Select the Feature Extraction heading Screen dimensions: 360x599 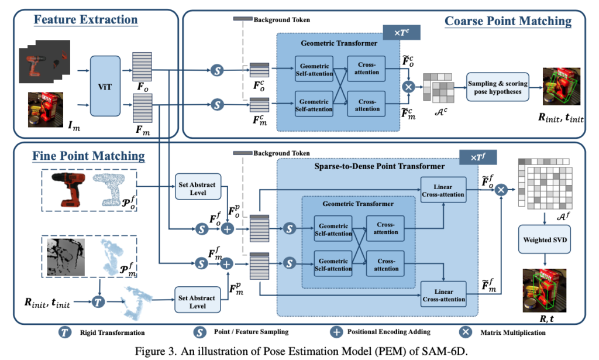tap(86, 19)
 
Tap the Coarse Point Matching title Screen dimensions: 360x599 tap(508, 22)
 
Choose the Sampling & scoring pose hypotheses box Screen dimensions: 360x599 tap(497, 88)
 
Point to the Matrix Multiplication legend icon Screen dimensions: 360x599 tap(466, 332)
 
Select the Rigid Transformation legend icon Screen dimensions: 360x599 tap(66, 332)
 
